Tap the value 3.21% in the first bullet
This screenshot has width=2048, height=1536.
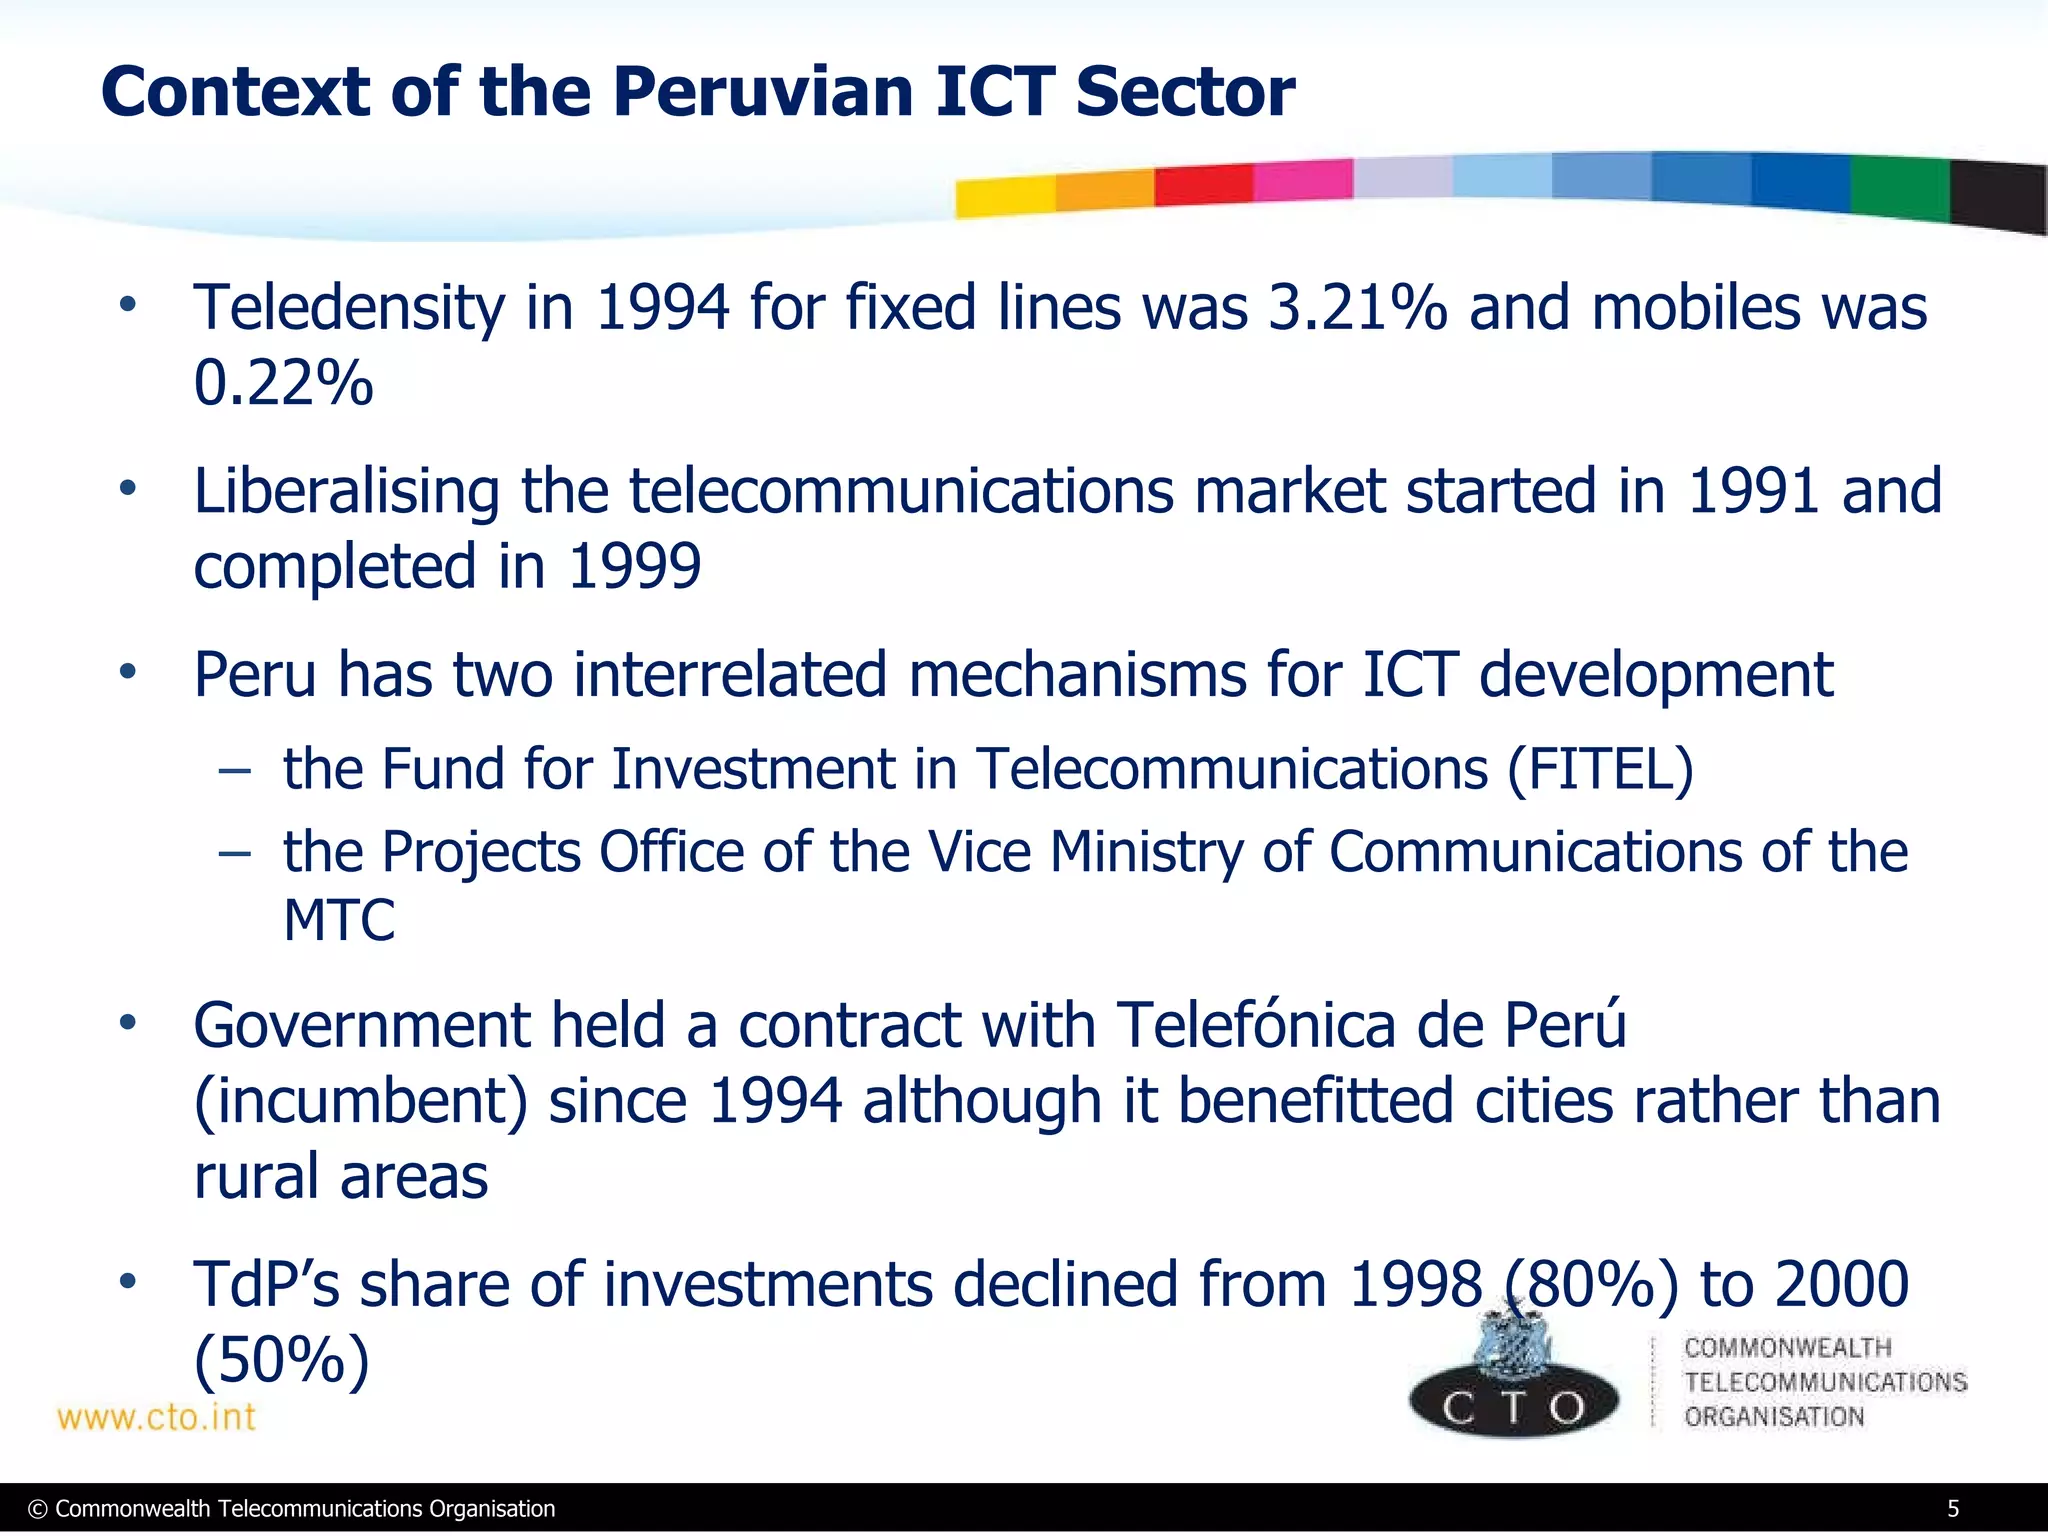1357,307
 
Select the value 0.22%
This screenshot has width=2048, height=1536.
283,383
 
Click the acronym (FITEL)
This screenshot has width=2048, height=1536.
1600,769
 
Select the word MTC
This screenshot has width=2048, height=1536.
339,920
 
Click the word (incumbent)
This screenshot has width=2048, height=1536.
360,1101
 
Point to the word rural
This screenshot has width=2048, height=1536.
255,1176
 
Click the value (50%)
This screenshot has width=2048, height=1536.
281,1359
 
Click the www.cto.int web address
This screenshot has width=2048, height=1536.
156,1417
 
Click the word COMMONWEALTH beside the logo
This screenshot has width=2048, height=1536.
1788,1347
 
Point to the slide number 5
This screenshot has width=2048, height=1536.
1953,1509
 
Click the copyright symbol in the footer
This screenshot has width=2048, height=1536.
38,1510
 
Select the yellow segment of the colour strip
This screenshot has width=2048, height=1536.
1004,196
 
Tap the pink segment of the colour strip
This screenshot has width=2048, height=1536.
1302,180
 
